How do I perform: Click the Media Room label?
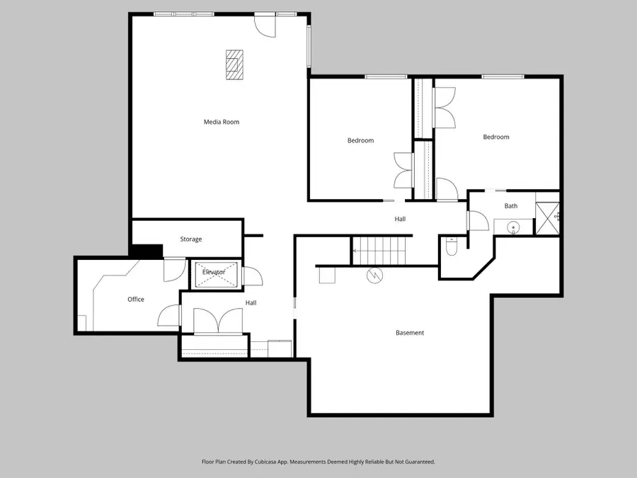tap(222, 122)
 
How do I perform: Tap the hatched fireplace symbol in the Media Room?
tap(234, 64)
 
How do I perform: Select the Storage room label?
tap(190, 239)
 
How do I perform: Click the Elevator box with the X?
tap(214, 275)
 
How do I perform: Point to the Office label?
tap(136, 300)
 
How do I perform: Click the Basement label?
tap(410, 333)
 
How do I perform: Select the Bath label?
tap(511, 206)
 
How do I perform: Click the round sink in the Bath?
tap(515, 227)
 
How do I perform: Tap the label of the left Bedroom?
tap(360, 140)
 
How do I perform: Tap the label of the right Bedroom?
tap(496, 137)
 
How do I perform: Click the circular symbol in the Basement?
tap(374, 275)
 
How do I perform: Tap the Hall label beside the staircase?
tap(400, 219)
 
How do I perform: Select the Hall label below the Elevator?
tap(251, 302)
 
